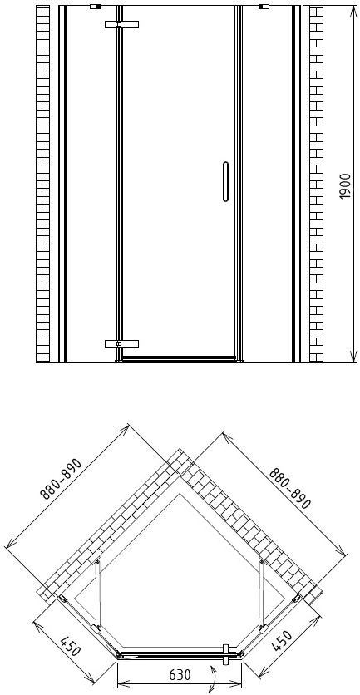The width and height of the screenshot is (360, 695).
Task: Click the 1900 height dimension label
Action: [x=345, y=186]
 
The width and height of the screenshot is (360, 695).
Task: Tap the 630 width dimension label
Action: [x=180, y=674]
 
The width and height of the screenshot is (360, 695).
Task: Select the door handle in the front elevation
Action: [x=225, y=182]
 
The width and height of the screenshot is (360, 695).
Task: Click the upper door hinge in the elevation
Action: [x=121, y=24]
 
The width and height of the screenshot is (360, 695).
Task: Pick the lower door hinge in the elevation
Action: [x=121, y=343]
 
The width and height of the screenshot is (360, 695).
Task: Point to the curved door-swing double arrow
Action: [x=214, y=678]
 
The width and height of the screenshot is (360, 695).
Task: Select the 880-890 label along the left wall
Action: [x=62, y=479]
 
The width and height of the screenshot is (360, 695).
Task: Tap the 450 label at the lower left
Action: [x=71, y=646]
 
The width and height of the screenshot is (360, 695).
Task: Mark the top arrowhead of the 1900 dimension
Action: [x=353, y=10]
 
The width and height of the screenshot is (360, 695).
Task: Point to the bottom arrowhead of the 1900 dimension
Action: [x=353, y=357]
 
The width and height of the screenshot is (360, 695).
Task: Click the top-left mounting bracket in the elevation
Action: [x=95, y=7]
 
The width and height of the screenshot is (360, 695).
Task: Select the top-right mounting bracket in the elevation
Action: [x=264, y=7]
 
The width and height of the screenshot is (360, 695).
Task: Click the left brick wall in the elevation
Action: [x=42, y=184]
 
